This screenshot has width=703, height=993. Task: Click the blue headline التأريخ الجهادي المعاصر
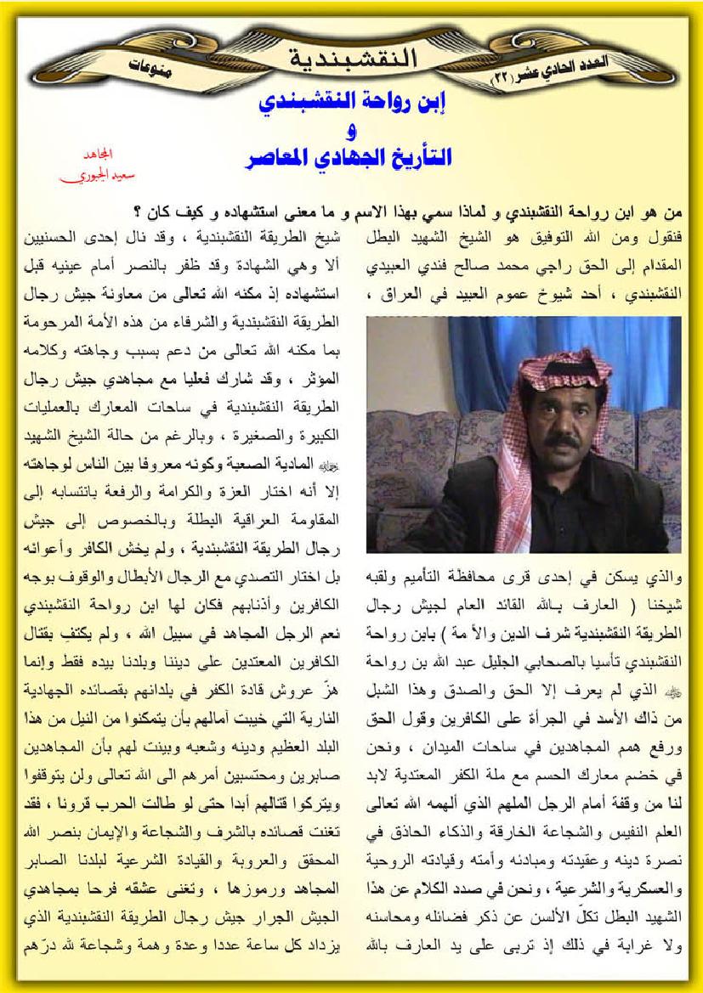[349, 158]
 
